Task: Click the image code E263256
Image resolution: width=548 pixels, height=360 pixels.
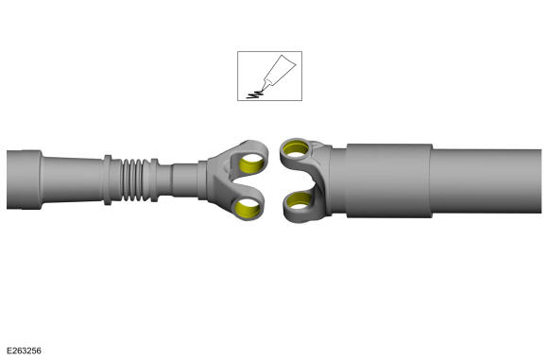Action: point(24,351)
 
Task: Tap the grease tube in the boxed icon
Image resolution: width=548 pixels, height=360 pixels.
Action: point(278,72)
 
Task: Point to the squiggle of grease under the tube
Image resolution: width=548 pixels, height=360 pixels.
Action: point(254,94)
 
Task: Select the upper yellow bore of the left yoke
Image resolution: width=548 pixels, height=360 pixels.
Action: point(251,163)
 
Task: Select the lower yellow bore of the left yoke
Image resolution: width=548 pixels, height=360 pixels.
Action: point(248,208)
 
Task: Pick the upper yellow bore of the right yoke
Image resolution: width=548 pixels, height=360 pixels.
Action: point(296,148)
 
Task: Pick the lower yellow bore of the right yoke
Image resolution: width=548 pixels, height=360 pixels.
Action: point(299,200)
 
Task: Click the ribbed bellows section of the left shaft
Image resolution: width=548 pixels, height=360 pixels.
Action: point(132,180)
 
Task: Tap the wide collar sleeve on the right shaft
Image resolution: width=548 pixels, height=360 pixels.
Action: point(389,180)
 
